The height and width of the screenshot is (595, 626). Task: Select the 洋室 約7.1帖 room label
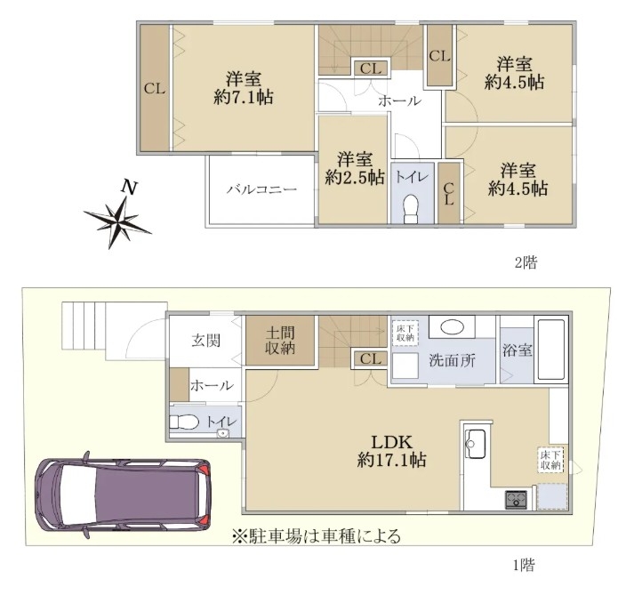click(x=243, y=88)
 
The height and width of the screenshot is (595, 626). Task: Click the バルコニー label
click(x=262, y=189)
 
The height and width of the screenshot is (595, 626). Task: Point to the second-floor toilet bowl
click(x=411, y=209)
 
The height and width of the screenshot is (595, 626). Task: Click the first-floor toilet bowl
click(x=184, y=422)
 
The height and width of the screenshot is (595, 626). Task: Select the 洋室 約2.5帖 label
click(x=355, y=168)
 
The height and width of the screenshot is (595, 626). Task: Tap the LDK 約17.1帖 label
click(x=391, y=451)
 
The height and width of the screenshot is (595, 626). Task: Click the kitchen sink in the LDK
click(x=477, y=444)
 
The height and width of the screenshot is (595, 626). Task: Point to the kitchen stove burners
click(x=517, y=499)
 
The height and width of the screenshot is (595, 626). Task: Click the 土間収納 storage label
click(x=280, y=341)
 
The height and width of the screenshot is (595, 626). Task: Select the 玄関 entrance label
click(x=206, y=341)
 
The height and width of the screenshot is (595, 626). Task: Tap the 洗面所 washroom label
click(x=452, y=360)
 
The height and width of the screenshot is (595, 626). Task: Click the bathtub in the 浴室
click(x=551, y=350)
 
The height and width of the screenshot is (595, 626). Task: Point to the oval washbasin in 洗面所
click(x=453, y=327)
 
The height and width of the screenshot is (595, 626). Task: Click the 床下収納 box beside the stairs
click(x=405, y=333)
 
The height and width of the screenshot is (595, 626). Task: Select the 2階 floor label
click(x=526, y=262)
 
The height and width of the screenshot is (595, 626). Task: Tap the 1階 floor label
click(x=524, y=565)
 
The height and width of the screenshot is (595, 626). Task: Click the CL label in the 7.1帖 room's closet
click(x=155, y=88)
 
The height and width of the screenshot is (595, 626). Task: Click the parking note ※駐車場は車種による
click(x=317, y=536)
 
